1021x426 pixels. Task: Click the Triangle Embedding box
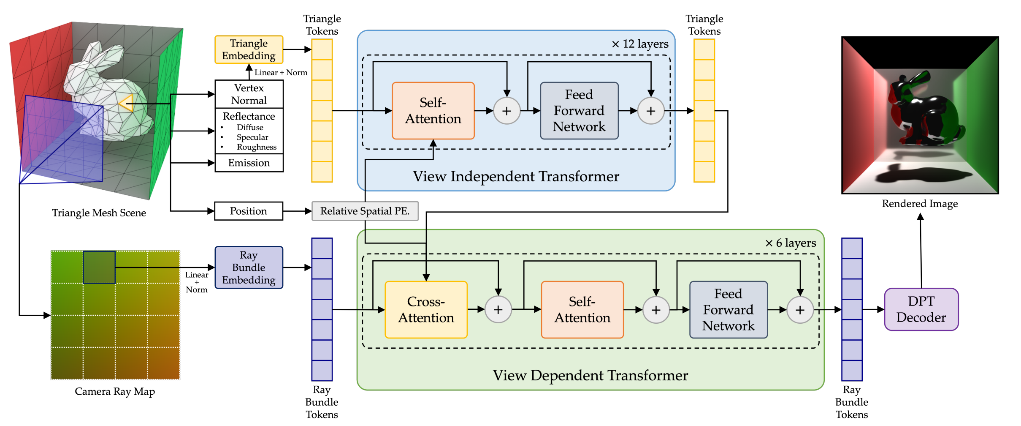point(249,50)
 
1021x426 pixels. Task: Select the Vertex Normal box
point(249,94)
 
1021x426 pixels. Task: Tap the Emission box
point(249,163)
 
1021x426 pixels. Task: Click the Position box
point(248,211)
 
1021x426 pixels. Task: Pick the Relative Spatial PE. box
point(365,211)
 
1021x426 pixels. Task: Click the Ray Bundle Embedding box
point(249,268)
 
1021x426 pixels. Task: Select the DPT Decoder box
point(921,309)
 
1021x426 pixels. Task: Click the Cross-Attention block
point(426,309)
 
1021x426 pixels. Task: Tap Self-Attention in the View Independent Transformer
point(433,111)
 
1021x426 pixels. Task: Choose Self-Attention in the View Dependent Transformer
point(582,309)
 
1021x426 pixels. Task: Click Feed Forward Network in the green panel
point(728,309)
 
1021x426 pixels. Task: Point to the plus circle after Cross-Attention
point(498,309)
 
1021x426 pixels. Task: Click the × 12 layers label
point(640,44)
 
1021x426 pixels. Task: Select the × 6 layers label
point(791,243)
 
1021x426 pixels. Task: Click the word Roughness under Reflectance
point(257,147)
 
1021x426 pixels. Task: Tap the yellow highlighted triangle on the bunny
point(127,103)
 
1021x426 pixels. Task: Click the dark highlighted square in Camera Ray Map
point(99,267)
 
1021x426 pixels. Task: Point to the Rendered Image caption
point(920,204)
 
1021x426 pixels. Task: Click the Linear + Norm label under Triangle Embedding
point(281,73)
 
